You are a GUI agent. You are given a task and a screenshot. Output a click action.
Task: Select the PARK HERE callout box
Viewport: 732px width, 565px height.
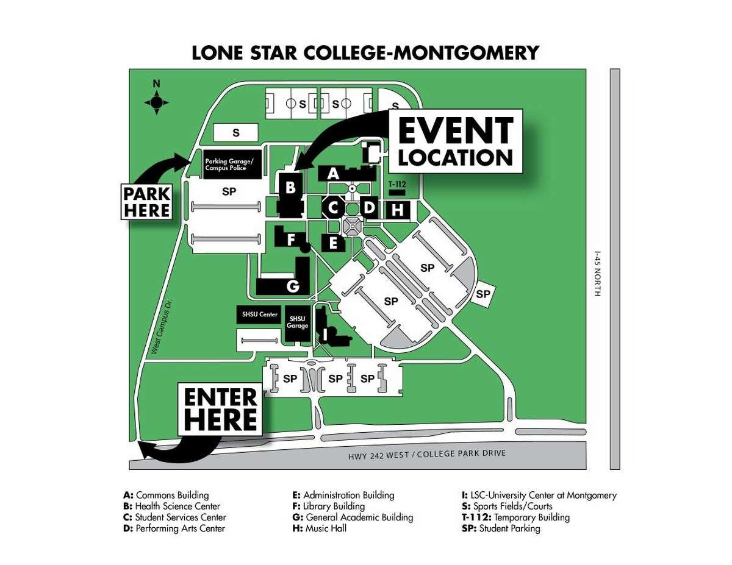pos(147,202)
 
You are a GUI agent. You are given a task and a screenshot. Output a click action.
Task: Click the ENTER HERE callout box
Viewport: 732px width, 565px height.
pos(220,409)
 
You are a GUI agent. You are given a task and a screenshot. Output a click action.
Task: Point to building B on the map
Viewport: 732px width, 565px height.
pos(291,188)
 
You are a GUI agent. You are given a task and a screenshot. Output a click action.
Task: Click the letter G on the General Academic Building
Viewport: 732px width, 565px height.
pos(293,286)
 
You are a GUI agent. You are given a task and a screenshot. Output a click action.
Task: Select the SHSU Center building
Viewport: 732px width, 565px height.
pos(259,315)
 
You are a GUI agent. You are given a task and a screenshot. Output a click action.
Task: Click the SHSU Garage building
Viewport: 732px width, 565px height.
pos(298,322)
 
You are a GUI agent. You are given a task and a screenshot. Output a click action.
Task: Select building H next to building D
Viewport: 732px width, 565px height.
pos(398,210)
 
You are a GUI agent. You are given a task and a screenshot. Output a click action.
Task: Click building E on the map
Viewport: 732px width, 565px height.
pos(333,243)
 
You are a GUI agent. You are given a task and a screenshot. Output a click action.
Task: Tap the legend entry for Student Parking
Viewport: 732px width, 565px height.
pos(501,528)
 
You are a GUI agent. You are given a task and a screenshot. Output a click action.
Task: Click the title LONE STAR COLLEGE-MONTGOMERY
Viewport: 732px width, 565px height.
pos(365,52)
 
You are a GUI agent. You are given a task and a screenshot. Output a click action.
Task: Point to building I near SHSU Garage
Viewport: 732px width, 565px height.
pos(326,333)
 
